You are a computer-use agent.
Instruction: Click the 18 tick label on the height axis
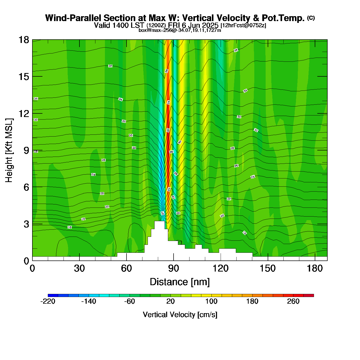point(23,40)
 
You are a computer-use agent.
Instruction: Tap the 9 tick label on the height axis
point(26,150)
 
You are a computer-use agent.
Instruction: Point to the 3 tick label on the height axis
point(26,224)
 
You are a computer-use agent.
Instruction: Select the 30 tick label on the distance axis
point(79,268)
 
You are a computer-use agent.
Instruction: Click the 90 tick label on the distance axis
point(173,268)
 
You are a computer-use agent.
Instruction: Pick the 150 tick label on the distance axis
point(267,268)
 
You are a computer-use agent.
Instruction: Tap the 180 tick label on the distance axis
point(314,268)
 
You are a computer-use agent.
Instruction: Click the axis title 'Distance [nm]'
point(180,282)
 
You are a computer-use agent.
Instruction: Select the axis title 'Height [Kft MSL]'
point(9,150)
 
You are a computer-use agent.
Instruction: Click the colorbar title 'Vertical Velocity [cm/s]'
point(180,314)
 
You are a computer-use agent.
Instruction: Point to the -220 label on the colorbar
point(48,301)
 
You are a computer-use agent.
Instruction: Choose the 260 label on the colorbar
point(293,301)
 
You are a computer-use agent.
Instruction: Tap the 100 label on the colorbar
point(211,301)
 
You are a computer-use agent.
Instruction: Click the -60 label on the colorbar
point(129,301)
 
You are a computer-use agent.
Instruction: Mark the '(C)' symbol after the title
point(311,18)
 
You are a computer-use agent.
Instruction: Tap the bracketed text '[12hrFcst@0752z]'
point(243,25)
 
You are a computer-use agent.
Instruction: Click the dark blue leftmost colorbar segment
point(53,295)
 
